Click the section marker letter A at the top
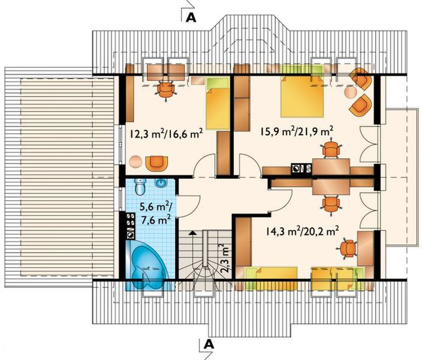click(191, 16)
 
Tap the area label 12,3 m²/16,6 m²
click(164, 133)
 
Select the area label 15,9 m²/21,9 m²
click(296, 130)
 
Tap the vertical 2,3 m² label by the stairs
click(224, 257)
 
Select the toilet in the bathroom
click(139, 187)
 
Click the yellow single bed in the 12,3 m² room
click(218, 107)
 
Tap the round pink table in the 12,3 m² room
click(136, 161)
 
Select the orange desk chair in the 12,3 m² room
click(165, 89)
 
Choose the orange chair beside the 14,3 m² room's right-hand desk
click(347, 247)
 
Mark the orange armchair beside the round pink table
click(157, 162)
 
